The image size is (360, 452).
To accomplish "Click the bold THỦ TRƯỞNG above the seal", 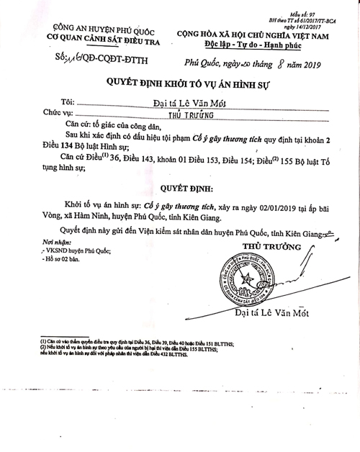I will tap(262, 247).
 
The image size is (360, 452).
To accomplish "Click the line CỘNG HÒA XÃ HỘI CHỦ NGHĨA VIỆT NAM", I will tap(254, 34).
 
